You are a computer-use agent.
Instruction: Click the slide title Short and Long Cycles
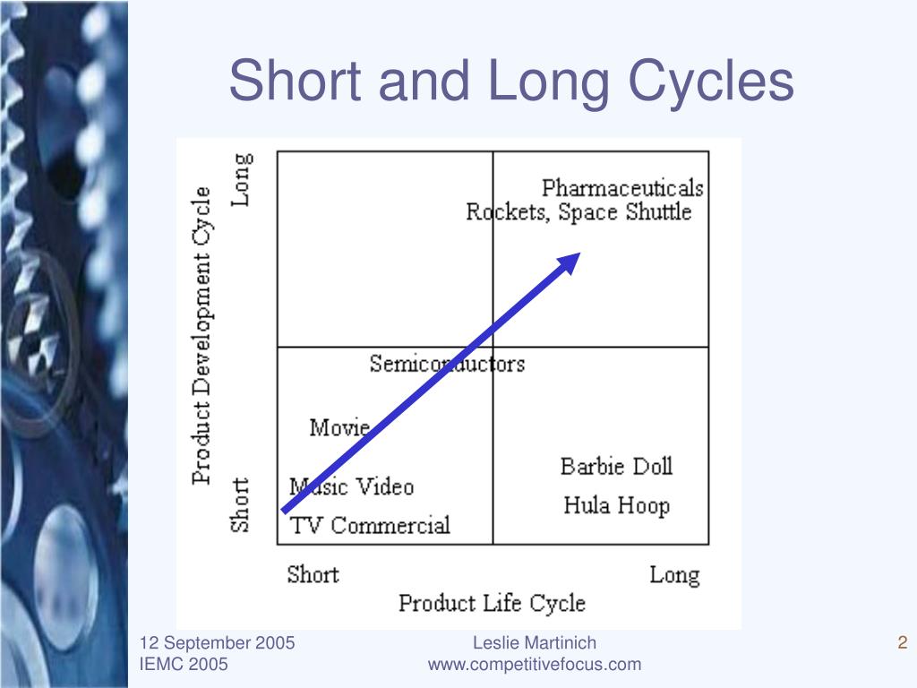click(511, 81)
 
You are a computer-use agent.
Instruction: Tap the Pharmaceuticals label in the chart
click(622, 188)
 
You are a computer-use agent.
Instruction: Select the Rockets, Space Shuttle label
click(578, 211)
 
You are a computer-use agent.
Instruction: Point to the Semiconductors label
click(447, 364)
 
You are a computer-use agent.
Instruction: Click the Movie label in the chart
click(339, 427)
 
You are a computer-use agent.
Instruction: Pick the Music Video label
click(351, 486)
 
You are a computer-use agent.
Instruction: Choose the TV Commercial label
click(370, 525)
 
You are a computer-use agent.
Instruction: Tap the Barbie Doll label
click(616, 467)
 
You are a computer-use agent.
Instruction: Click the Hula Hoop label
click(616, 506)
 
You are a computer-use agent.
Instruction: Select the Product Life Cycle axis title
click(492, 603)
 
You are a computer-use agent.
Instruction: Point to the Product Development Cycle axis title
click(201, 335)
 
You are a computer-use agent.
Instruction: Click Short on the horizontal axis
click(313, 574)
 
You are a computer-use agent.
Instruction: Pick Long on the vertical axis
click(242, 179)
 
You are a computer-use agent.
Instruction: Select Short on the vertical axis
click(240, 505)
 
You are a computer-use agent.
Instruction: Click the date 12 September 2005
click(217, 643)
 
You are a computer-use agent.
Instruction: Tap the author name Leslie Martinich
click(535, 643)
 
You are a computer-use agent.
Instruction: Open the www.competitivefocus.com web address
click(535, 665)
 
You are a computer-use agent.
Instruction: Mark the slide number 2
click(903, 643)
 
